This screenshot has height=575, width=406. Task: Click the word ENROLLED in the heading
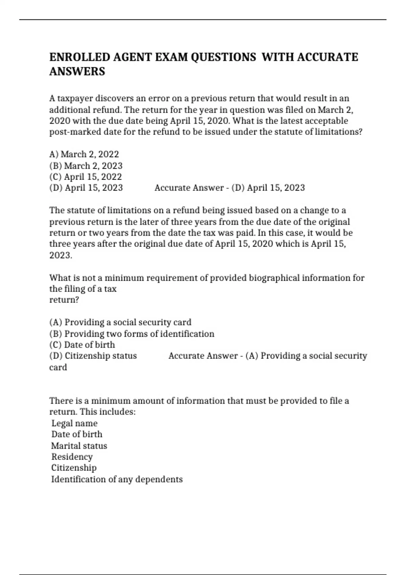pyautogui.click(x=80, y=57)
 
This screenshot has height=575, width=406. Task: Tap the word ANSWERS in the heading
pyautogui.click(x=77, y=72)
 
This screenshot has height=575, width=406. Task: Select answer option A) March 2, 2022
pyautogui.click(x=84, y=154)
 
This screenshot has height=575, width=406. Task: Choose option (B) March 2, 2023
pyautogui.click(x=86, y=166)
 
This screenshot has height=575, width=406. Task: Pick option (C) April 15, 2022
pyautogui.click(x=86, y=177)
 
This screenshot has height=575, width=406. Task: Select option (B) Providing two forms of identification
pyautogui.click(x=132, y=334)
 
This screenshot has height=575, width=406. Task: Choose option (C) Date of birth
pyautogui.click(x=82, y=345)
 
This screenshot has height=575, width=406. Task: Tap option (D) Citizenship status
pyautogui.click(x=93, y=356)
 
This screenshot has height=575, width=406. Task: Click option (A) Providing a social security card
pyautogui.click(x=120, y=322)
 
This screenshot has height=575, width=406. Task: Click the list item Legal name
pyautogui.click(x=74, y=423)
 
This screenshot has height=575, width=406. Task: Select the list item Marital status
pyautogui.click(x=79, y=446)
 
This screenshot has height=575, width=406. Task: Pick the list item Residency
pyautogui.click(x=72, y=457)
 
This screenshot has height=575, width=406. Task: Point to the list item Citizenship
pyautogui.click(x=74, y=468)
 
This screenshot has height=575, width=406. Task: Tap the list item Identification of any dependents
pyautogui.click(x=117, y=479)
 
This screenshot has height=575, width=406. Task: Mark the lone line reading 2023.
pyautogui.click(x=61, y=255)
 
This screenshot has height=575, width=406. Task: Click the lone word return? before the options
pyautogui.click(x=64, y=300)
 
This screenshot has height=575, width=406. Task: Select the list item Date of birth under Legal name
pyautogui.click(x=77, y=434)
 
